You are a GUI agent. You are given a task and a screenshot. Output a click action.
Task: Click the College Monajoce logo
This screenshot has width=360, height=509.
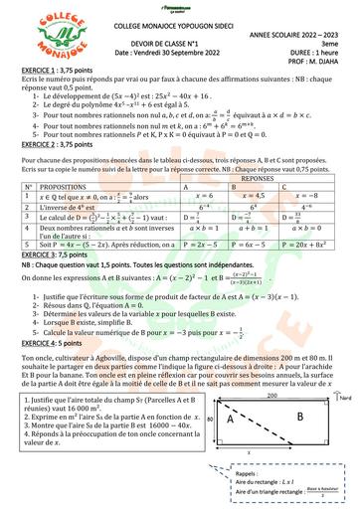tap(40, 34)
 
